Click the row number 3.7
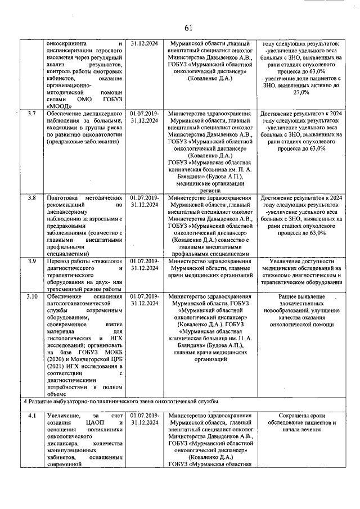(32, 114)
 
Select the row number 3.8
(32, 199)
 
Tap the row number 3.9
(32, 261)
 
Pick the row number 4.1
(32, 416)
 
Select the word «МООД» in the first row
(60, 105)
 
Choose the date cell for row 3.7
(145, 118)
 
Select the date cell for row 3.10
(145, 300)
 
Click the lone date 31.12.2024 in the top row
(145, 43)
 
